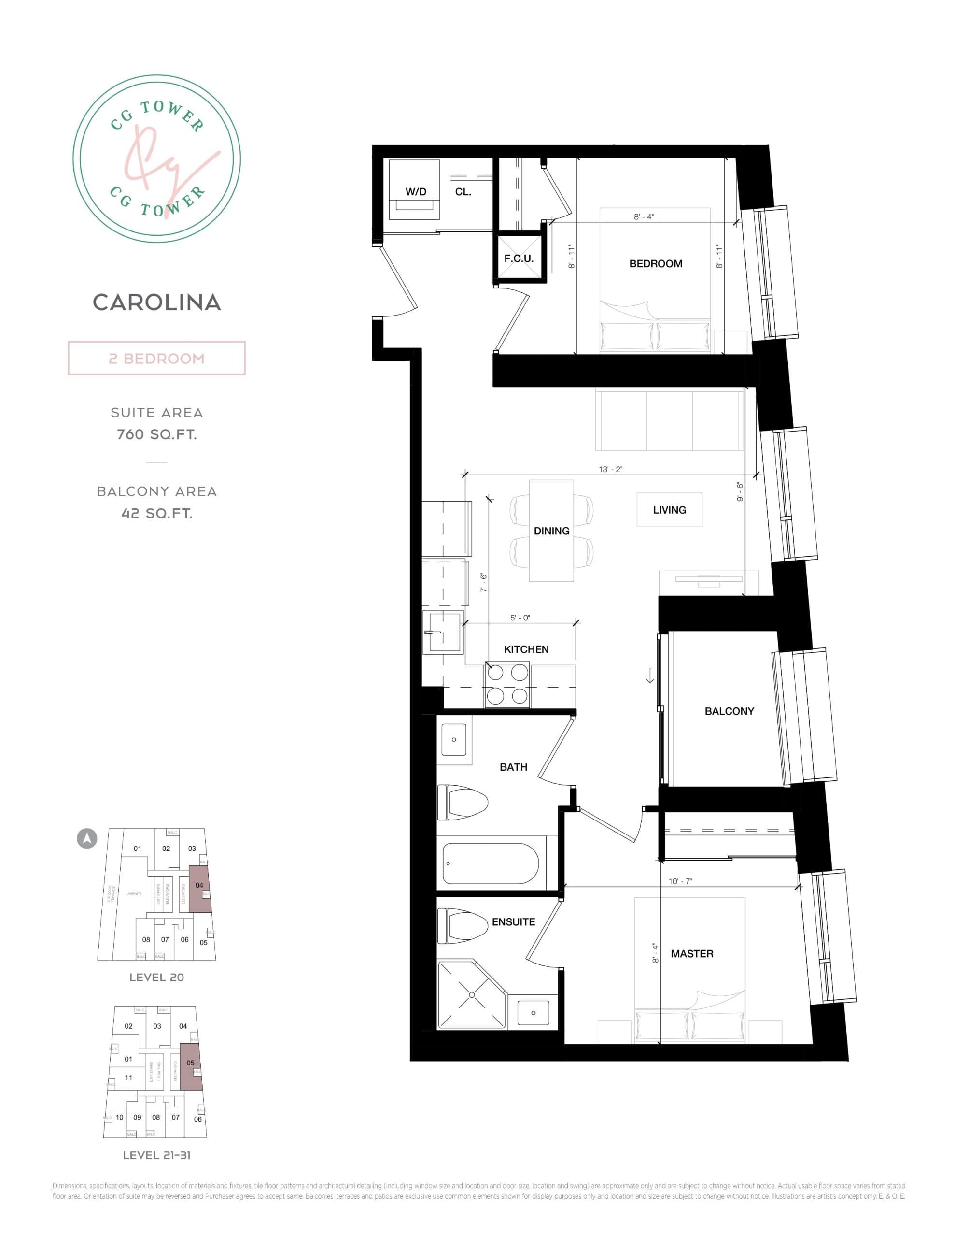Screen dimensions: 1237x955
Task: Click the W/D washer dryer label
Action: click(x=416, y=192)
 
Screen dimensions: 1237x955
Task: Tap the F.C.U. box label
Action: click(x=519, y=259)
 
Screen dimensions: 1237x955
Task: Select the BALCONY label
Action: click(x=729, y=711)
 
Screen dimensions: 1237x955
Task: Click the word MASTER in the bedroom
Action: click(x=692, y=954)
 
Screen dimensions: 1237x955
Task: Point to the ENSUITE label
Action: click(x=513, y=922)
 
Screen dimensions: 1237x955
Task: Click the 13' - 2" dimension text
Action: click(x=610, y=470)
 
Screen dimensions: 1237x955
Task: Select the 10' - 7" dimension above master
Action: click(x=680, y=881)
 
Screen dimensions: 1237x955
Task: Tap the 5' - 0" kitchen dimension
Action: click(x=520, y=618)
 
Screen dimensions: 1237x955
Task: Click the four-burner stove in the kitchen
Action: click(x=506, y=685)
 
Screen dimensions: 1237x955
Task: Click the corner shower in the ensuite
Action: click(x=472, y=993)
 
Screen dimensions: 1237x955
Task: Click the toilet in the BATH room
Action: click(x=463, y=802)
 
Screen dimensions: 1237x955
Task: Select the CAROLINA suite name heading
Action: click(x=157, y=302)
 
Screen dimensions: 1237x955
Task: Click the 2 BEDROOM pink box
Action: click(x=157, y=358)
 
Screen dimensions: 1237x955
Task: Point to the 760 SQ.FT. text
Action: click(x=157, y=434)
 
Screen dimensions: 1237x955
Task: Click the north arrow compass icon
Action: click(x=87, y=838)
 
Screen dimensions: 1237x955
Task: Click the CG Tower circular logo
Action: click(x=157, y=158)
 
